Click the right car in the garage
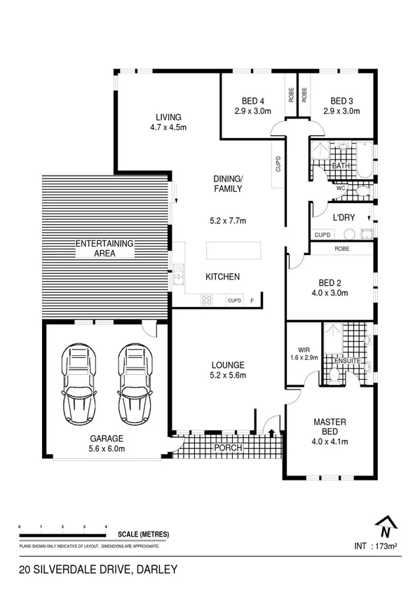pyautogui.click(x=133, y=380)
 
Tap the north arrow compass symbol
pyautogui.click(x=384, y=525)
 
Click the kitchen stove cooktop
pyautogui.click(x=208, y=301)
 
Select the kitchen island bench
pyautogui.click(x=232, y=251)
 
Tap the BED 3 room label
pyautogui.click(x=341, y=105)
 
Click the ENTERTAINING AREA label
pyautogui.click(x=104, y=248)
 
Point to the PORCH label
pyautogui.click(x=229, y=448)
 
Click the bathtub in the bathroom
pyautogui.click(x=365, y=158)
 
